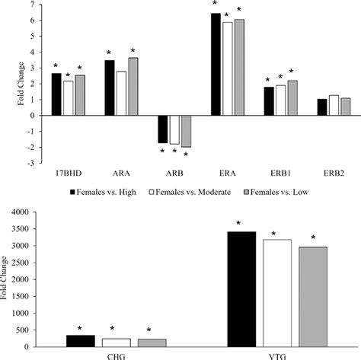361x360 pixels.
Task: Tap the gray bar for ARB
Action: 185,131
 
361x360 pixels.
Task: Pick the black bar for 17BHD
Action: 56,94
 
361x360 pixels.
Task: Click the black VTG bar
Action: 241,288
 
